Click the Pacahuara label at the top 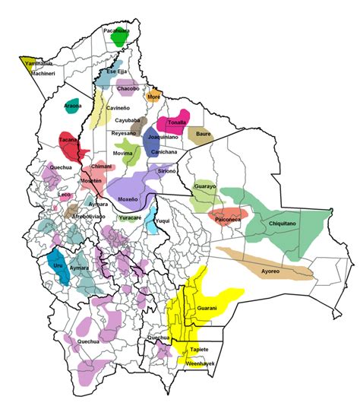pos(116,31)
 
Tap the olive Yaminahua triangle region pos(29,63)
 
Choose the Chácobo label pos(128,88)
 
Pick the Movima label pos(122,154)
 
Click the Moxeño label pos(128,198)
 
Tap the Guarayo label pos(205,186)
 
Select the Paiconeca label pos(228,219)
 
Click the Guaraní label pos(207,308)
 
